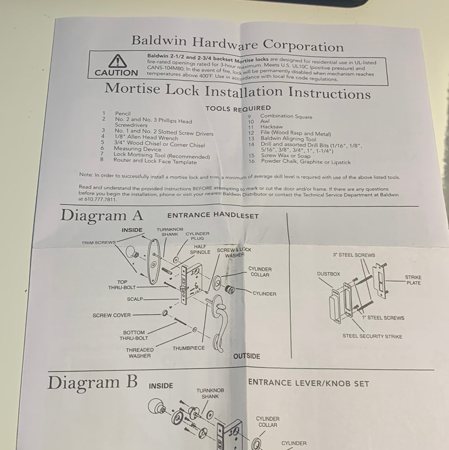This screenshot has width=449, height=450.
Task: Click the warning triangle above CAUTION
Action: (x=117, y=61)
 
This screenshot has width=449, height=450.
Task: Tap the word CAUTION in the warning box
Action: (x=116, y=73)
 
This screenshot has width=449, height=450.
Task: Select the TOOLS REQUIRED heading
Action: (x=238, y=109)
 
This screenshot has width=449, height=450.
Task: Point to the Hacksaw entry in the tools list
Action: (x=271, y=127)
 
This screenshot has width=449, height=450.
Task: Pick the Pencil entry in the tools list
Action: (x=123, y=114)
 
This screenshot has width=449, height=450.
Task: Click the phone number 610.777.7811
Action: (x=101, y=199)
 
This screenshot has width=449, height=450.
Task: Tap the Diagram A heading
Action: (x=102, y=216)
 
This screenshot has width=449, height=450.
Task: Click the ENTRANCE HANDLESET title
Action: (x=213, y=215)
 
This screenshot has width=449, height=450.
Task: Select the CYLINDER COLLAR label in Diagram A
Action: (x=260, y=272)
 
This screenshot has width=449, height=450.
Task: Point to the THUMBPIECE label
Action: (x=189, y=348)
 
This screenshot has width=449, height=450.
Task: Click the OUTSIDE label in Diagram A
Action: (x=247, y=356)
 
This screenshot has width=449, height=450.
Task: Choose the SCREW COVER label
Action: (x=111, y=315)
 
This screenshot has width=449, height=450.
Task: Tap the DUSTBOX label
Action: (x=328, y=274)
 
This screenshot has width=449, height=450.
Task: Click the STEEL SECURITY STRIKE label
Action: (x=372, y=336)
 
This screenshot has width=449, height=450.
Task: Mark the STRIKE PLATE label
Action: (x=413, y=280)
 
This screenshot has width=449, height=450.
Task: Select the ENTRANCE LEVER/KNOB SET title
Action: (x=308, y=383)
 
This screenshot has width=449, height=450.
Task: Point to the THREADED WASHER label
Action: (x=140, y=353)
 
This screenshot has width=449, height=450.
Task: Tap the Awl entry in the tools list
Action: (x=265, y=122)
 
